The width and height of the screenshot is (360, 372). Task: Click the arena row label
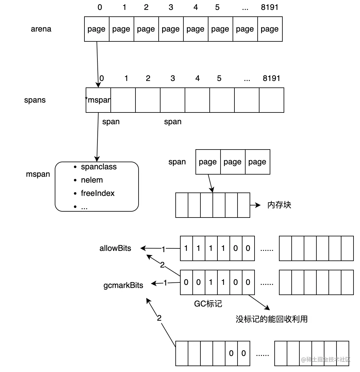coord(41,29)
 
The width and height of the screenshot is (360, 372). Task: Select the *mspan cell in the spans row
coord(98,100)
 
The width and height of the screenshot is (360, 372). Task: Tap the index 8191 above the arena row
coord(269,7)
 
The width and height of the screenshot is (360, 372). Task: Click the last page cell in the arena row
coord(270,29)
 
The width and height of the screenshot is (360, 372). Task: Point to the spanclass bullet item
coord(98,167)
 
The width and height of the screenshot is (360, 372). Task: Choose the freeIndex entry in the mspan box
coord(97,193)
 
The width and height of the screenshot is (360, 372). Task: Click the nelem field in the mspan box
coord(92,180)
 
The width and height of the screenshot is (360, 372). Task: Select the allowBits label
coord(115,248)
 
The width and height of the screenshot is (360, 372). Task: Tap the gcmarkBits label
coord(123,285)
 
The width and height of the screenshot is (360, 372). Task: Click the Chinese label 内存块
coord(279,205)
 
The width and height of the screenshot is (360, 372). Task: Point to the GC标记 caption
coord(208,304)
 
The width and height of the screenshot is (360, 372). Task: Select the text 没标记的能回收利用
coord(272,319)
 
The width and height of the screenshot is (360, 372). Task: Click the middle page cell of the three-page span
coord(233,162)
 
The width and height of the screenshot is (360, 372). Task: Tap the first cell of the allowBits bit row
coord(186,248)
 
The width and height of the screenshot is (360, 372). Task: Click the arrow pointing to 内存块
coord(255,205)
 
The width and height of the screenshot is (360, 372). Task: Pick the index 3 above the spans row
coord(173,78)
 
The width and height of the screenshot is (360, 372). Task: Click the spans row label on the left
coord(35,100)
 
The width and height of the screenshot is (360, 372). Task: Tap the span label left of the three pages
coord(177,162)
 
